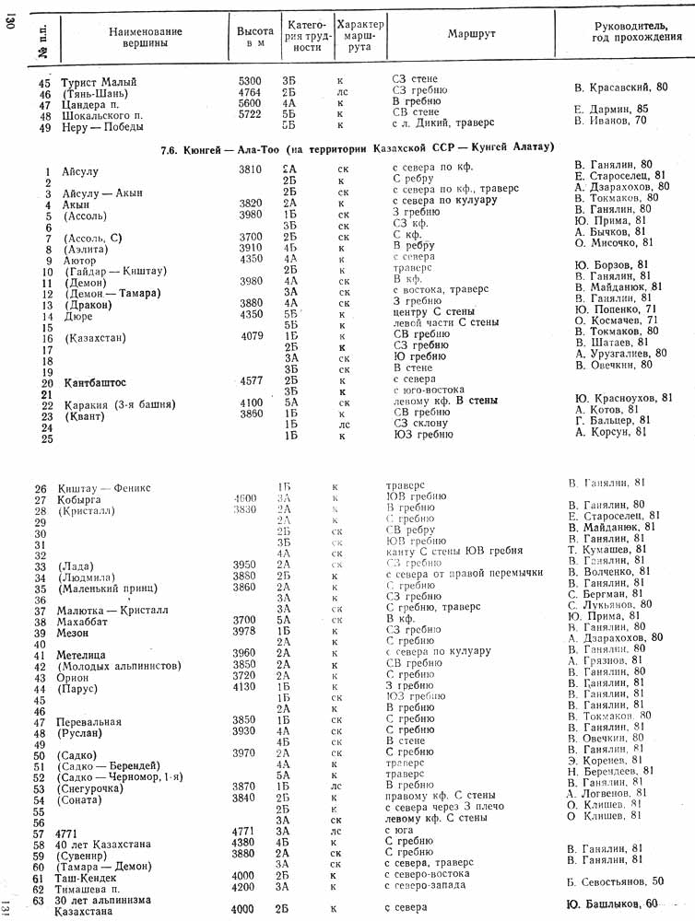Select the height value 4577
[x=250, y=380]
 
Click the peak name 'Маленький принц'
[x=115, y=586]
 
